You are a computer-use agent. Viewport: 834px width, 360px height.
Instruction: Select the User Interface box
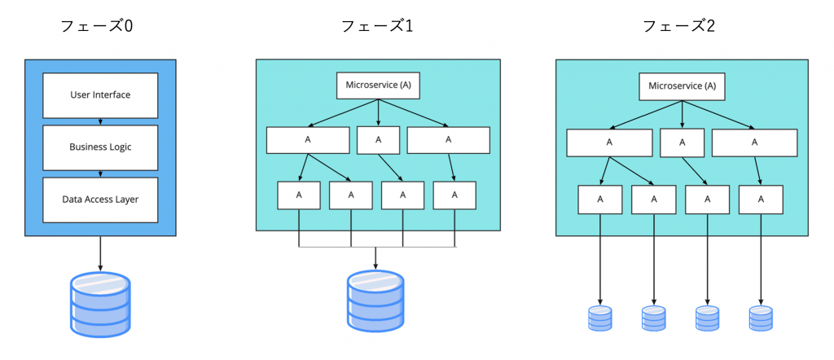[100, 94]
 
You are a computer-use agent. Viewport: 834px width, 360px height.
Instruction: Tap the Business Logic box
[100, 147]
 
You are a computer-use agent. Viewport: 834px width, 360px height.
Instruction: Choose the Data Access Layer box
[100, 199]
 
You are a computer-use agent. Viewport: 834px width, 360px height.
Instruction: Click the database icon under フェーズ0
[100, 303]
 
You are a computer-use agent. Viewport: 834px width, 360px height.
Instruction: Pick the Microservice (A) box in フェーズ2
[683, 86]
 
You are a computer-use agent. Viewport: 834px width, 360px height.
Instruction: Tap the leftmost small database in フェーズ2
[600, 318]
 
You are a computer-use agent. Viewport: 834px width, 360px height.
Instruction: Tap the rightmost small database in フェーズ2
[761, 318]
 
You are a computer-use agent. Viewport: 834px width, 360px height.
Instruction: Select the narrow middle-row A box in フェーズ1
[377, 139]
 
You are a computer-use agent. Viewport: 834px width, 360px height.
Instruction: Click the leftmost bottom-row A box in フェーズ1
[298, 195]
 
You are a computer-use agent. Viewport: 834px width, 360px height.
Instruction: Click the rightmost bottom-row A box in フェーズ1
[454, 195]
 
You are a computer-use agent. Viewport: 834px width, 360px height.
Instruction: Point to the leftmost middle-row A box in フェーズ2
[609, 143]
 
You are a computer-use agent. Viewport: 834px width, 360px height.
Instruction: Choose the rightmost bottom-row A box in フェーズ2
[761, 199]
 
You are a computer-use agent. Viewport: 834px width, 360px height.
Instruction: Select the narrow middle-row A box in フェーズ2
[683, 143]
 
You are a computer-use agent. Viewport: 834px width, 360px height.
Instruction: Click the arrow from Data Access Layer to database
[100, 252]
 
